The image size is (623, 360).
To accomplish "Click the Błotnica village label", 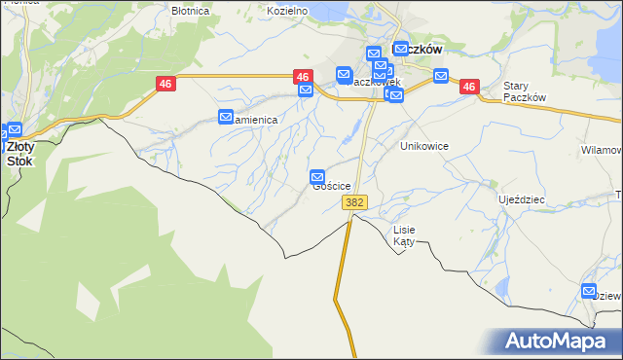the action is [190, 11].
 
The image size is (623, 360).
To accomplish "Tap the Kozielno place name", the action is [287, 11].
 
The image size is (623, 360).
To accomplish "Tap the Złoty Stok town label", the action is [18, 154].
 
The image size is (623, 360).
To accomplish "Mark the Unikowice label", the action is [424, 145].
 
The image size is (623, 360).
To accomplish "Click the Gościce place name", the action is [332, 187].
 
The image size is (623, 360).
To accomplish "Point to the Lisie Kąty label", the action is [404, 235].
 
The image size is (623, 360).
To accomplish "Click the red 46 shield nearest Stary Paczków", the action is [470, 87].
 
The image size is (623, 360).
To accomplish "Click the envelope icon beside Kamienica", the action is [226, 118].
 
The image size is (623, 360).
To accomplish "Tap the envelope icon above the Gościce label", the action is [317, 177].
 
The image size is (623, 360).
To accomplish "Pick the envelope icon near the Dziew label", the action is [589, 291].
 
